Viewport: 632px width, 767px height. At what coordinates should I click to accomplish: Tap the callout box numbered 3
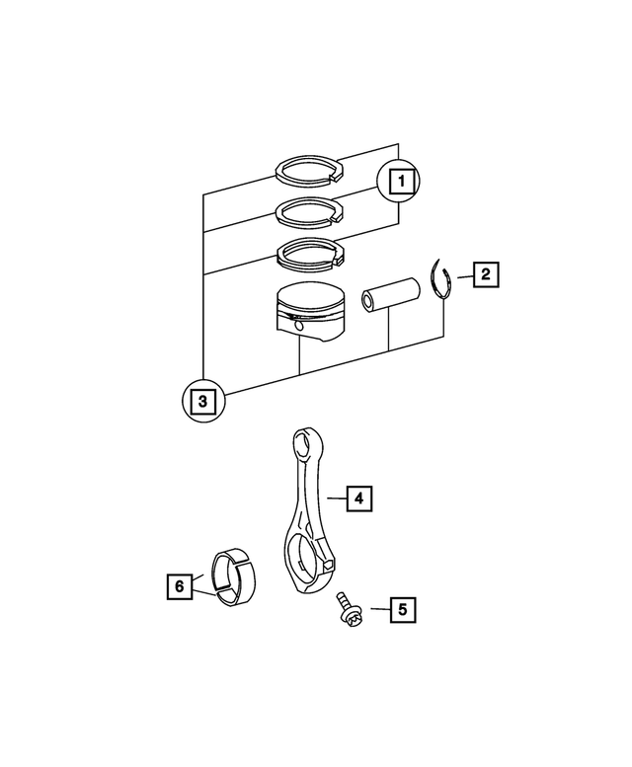coord(201,401)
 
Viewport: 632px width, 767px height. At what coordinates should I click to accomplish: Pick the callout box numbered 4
coord(360,499)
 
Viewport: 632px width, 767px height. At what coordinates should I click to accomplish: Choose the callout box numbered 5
coord(402,609)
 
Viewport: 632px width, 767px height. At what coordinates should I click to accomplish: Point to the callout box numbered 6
coord(179,586)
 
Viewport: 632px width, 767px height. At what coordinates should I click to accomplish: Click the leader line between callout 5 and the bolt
coord(378,609)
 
